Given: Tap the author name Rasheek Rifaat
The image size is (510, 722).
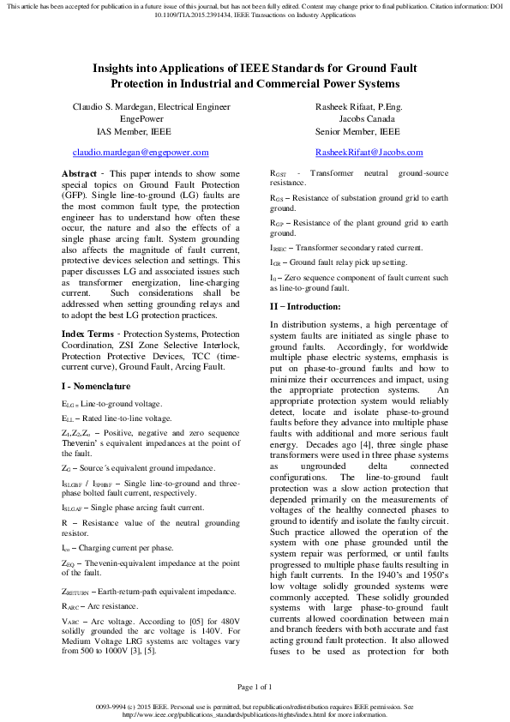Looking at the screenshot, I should [x=341, y=106].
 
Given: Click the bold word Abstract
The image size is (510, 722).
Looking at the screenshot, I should [x=80, y=174].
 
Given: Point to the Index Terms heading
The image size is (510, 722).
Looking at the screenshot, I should [x=88, y=333].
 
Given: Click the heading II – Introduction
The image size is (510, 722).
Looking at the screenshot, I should [x=306, y=306].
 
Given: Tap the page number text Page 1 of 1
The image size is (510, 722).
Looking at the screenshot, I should [x=255, y=685].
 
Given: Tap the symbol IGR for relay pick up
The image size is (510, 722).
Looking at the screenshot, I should [x=275, y=262].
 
